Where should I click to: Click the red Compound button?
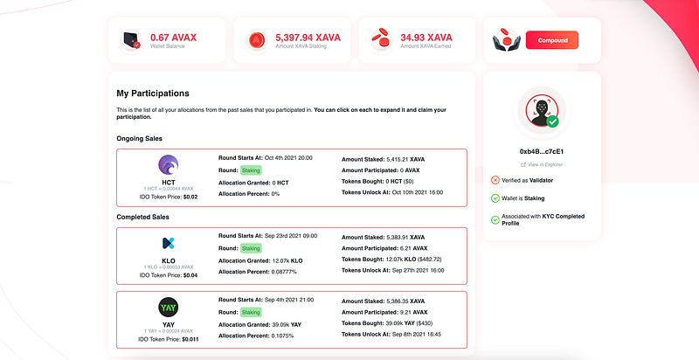coord(551,39)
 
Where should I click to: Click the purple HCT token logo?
coord(169,163)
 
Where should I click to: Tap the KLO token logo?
coord(169,242)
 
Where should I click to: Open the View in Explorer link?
coord(544,164)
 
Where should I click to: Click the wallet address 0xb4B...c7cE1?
coord(542,151)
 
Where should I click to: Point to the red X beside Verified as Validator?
coord(495,180)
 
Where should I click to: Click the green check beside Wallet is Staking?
coord(495,198)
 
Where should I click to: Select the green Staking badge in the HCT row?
coord(252,170)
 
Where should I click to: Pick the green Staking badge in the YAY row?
coord(252,311)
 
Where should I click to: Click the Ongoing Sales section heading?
coord(139,138)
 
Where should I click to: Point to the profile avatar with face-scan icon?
coord(542,112)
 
